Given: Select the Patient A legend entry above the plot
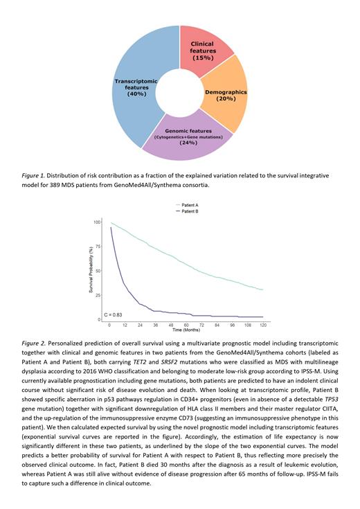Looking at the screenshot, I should pos(188,205).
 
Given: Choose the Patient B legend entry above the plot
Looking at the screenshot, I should pos(188,212).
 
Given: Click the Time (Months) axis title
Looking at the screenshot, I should pos(186,331).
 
